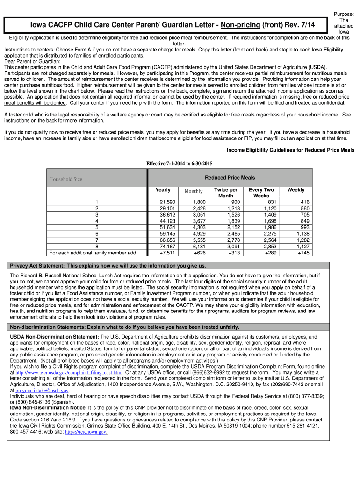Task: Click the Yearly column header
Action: click(163, 190)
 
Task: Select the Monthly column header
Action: click(193, 191)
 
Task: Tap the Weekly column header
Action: click(295, 190)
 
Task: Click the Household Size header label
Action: click(66, 179)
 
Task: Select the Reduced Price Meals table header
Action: click(230, 178)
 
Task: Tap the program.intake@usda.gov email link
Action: click(42, 390)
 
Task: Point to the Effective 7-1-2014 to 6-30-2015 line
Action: click(180, 163)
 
